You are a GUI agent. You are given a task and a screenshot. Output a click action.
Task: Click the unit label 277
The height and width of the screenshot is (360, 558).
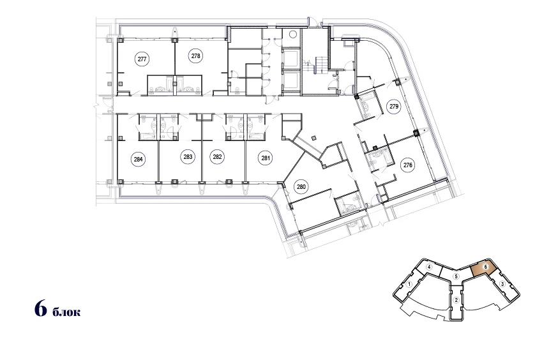click(x=142, y=59)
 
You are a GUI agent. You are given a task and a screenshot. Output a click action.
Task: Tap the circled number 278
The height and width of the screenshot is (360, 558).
click(x=196, y=56)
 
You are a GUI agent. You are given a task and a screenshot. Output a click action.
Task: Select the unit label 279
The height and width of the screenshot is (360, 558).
click(x=394, y=107)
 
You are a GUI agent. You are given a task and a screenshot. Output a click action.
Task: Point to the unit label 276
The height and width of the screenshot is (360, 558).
click(x=408, y=165)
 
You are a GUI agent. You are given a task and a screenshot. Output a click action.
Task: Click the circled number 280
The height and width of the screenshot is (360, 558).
click(x=301, y=187)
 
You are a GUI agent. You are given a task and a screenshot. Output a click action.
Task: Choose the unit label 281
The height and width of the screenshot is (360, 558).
click(x=266, y=158)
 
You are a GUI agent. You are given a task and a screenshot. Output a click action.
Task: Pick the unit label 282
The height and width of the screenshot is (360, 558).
click(x=218, y=157)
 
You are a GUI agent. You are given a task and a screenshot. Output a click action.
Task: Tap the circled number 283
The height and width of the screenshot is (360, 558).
click(x=188, y=157)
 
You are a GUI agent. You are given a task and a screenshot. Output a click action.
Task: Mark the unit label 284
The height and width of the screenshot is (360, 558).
click(x=138, y=160)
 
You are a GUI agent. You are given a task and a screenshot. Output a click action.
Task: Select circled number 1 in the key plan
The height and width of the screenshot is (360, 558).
click(x=410, y=284)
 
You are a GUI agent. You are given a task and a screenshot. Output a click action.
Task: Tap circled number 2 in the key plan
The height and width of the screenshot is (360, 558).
click(x=456, y=300)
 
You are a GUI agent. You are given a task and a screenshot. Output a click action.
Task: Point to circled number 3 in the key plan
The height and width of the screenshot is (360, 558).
click(x=502, y=284)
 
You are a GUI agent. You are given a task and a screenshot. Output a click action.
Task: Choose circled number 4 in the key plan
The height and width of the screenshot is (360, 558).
click(x=430, y=267)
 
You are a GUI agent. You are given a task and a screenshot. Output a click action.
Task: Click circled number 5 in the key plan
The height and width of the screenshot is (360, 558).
click(x=456, y=276)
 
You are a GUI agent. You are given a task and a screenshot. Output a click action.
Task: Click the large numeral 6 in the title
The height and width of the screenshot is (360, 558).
click(x=41, y=308)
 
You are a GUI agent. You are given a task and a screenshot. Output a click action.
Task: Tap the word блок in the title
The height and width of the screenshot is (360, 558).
click(x=66, y=312)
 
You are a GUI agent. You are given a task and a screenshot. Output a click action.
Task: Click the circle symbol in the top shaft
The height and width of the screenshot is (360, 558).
click(x=293, y=34)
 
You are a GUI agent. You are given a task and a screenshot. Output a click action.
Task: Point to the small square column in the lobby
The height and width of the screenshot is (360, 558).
click(x=313, y=138)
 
